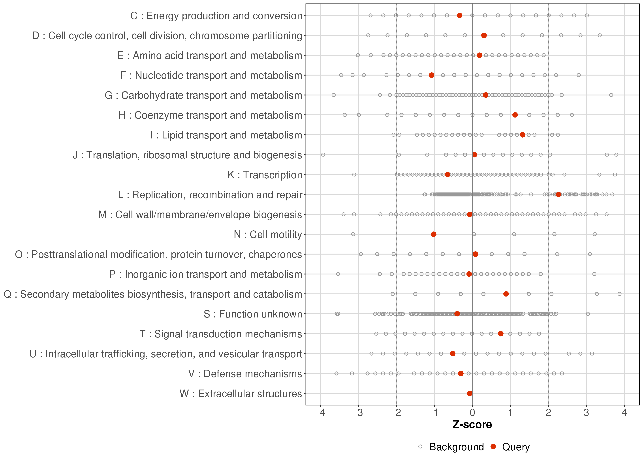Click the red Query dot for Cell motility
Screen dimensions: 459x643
tap(433, 234)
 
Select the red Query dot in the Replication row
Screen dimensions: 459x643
tap(558, 194)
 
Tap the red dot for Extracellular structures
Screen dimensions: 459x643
tap(470, 393)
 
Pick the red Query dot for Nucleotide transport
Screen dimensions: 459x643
tap(431, 75)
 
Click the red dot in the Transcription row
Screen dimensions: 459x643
tap(447, 175)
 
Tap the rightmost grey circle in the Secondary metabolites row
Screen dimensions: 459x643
tap(620, 294)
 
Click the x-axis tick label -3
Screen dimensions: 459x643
tap(358, 413)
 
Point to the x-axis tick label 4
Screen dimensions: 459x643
tap(624, 413)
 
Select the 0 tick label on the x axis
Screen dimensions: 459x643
tap(472, 413)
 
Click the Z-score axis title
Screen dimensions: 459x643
tap(472, 425)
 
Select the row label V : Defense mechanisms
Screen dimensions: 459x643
tap(245, 374)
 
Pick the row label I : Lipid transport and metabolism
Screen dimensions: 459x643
tap(226, 135)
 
